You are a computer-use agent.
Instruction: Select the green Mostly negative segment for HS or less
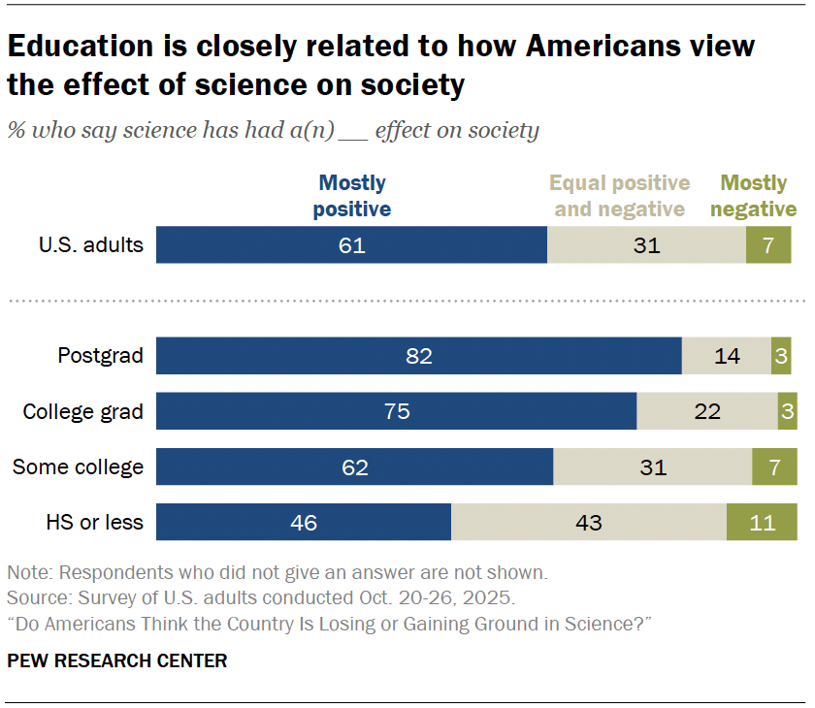click(762, 522)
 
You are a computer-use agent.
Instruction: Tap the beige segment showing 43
click(588, 522)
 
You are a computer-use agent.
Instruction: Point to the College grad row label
click(83, 411)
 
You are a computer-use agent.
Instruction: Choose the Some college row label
click(78, 467)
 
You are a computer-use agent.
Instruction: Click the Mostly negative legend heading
click(758, 196)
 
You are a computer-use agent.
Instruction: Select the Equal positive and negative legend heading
click(620, 196)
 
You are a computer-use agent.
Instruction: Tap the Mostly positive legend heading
click(353, 196)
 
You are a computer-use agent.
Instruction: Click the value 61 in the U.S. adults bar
click(351, 245)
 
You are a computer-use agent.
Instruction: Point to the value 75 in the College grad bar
click(397, 411)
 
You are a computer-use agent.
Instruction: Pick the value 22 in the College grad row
click(707, 411)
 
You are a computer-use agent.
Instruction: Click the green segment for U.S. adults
click(768, 245)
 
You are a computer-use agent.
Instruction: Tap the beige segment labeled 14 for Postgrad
click(726, 356)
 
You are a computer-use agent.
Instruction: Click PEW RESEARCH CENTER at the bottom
click(116, 661)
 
